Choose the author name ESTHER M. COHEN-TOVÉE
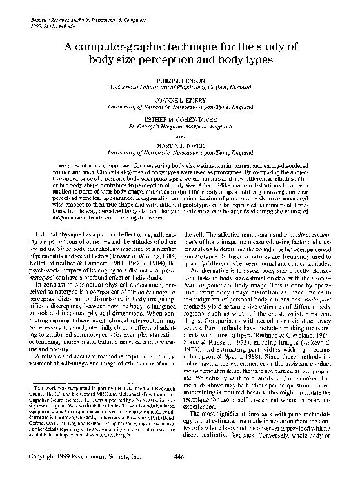(x=180, y=120)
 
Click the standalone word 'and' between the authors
(x=180, y=137)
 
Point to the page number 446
(x=180, y=474)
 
